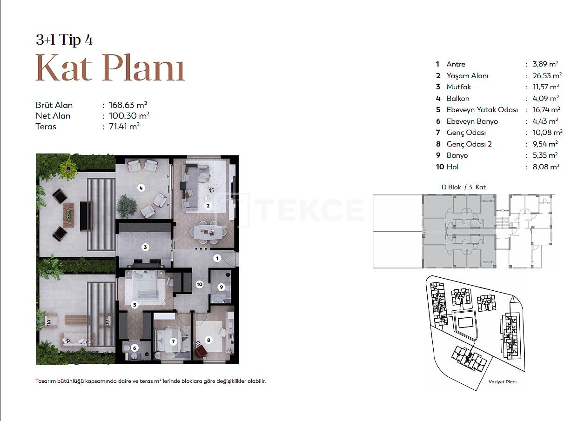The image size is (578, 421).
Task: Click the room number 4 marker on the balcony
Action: tap(141, 188)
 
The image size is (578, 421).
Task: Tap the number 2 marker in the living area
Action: tap(208, 206)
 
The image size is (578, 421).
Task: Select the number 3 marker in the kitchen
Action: tap(145, 247)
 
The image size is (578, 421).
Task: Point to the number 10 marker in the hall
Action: tap(200, 284)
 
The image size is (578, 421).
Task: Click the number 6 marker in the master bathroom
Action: tap(134, 348)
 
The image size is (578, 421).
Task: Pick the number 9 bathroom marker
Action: tap(221, 287)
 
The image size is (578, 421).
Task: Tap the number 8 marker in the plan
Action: tap(208, 340)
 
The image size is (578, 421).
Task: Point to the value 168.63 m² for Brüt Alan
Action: tap(128, 105)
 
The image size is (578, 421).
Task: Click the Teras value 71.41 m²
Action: tap(124, 127)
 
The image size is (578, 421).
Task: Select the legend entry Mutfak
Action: tap(459, 87)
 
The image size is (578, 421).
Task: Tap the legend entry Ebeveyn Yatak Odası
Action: tap(482, 110)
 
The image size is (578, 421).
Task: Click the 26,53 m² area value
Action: tap(547, 75)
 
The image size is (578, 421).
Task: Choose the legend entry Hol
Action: tap(453, 167)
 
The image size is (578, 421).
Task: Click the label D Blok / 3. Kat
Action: tap(464, 187)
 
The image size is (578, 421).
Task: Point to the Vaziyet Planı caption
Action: tap(503, 382)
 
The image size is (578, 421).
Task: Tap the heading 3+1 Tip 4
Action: tap(64, 40)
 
